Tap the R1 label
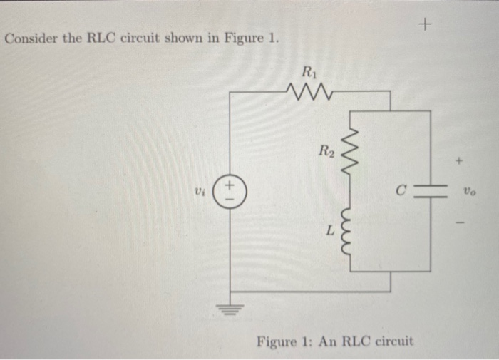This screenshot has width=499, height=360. [x=308, y=71]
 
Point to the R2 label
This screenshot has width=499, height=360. [x=326, y=150]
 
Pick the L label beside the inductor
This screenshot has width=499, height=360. [x=329, y=230]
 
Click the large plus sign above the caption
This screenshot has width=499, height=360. [x=426, y=25]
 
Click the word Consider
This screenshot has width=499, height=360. [x=29, y=38]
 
